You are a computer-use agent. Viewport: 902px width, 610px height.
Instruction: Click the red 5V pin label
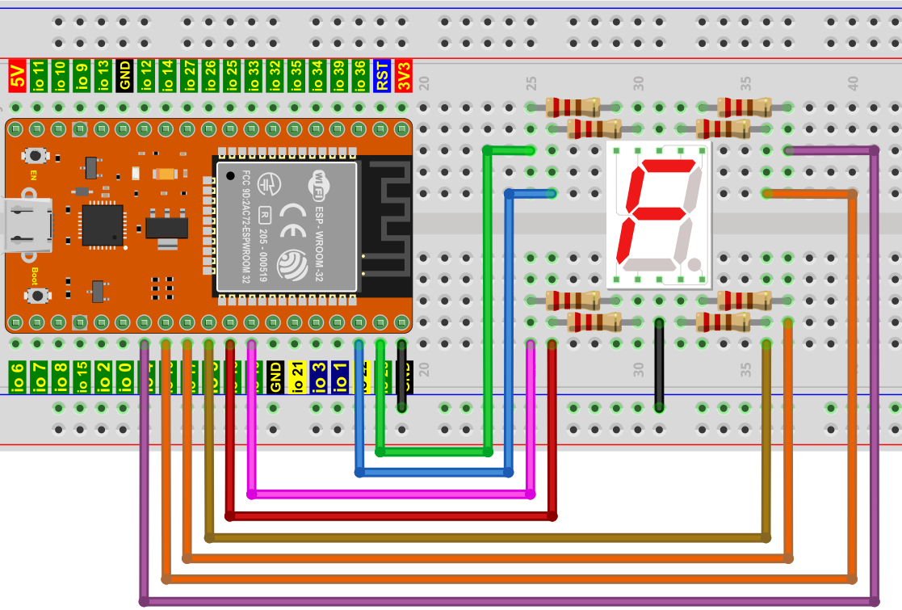coord(17,76)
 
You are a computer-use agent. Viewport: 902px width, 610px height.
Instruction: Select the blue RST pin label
coord(382,76)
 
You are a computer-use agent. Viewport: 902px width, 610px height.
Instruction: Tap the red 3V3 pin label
coord(404,76)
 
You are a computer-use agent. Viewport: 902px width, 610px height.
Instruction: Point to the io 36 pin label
coord(360,76)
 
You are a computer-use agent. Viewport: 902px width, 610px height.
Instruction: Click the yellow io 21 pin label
coord(297,377)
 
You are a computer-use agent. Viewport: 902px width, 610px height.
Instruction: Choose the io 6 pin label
coord(17,377)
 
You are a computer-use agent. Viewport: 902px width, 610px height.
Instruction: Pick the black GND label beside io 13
coord(124,76)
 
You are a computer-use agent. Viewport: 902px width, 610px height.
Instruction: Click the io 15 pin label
coord(82,377)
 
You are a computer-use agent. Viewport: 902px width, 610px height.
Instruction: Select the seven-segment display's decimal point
coord(694,263)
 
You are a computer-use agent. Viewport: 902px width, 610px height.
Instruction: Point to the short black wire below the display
coord(660,364)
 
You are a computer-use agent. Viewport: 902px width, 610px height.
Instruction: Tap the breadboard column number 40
coord(853,82)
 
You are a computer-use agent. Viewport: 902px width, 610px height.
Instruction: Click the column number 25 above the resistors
coord(531,82)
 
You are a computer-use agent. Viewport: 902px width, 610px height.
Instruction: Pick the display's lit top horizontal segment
coord(667,166)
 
